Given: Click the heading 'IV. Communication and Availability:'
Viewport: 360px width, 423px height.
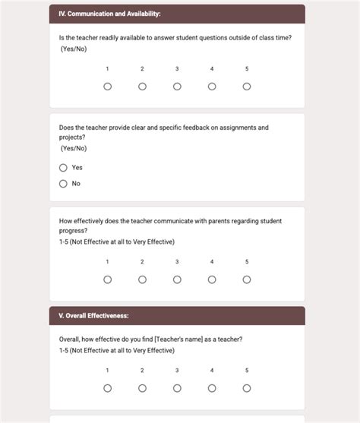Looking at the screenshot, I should (109, 14).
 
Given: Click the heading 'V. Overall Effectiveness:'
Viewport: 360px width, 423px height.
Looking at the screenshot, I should (93, 315).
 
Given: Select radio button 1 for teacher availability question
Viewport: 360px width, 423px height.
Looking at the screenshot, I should (107, 87).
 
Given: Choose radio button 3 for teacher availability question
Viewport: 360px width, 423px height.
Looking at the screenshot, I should (177, 87).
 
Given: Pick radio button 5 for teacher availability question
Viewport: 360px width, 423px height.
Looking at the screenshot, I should (247, 87).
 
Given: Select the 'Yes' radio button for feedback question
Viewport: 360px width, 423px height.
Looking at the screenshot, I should (63, 168).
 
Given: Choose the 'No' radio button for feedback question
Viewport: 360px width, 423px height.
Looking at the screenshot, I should (63, 184).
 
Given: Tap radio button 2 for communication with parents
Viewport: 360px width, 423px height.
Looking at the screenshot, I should (142, 279).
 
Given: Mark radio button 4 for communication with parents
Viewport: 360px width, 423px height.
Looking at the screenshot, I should (212, 279).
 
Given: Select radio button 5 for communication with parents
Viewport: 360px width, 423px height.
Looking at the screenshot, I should (247, 279).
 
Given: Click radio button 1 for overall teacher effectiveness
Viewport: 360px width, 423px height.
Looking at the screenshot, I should (107, 388).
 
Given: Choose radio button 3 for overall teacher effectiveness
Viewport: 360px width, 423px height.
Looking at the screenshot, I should (177, 388).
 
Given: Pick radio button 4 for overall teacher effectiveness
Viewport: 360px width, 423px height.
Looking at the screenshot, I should (212, 388).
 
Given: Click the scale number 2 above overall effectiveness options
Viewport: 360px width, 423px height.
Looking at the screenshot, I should (142, 371).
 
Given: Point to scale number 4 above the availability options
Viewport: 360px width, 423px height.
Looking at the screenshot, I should (212, 69).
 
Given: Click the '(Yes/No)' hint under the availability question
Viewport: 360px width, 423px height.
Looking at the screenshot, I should (74, 49).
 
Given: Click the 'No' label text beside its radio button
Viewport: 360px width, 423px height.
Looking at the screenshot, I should (76, 184).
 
